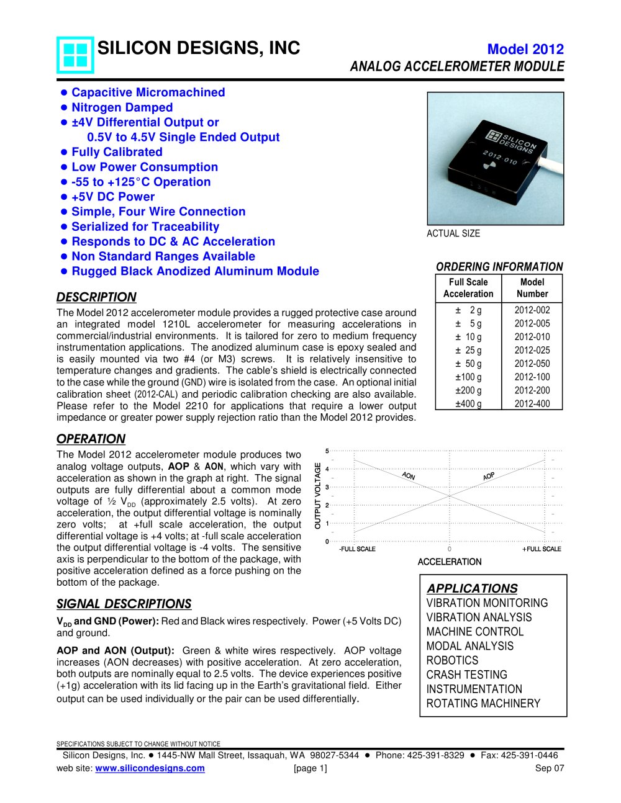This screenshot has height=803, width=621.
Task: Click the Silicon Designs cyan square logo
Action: [75, 55]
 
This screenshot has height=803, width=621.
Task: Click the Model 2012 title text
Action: [525, 50]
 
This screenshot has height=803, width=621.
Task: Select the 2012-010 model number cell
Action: [532, 337]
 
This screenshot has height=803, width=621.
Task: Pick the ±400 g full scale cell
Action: [468, 404]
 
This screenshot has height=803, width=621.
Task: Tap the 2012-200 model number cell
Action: [532, 390]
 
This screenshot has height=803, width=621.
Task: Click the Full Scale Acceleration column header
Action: [468, 288]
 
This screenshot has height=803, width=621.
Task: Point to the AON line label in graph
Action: [408, 476]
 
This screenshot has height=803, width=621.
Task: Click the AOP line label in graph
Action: [489, 476]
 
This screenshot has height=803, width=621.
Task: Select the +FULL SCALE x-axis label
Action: [542, 549]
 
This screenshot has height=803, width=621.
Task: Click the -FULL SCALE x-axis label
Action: [357, 549]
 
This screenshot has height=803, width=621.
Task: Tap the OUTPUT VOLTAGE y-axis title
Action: [318, 496]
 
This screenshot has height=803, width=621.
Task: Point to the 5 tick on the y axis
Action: [327, 451]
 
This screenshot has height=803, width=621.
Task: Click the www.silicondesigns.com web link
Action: [150, 768]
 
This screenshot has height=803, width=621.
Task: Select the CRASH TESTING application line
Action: [466, 675]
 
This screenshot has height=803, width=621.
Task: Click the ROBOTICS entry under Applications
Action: [452, 660]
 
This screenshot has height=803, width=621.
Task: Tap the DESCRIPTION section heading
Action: [96, 297]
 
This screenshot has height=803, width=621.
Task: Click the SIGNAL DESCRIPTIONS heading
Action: [124, 604]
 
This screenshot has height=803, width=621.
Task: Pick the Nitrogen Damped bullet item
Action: [122, 107]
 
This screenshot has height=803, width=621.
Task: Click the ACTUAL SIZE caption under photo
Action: [453, 233]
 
